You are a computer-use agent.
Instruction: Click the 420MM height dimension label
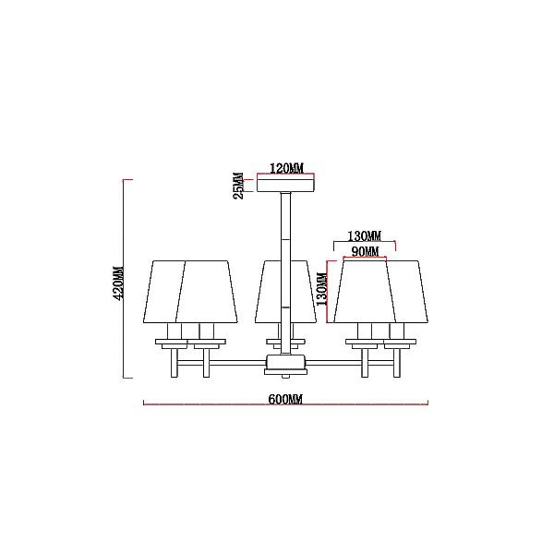coord(118,283)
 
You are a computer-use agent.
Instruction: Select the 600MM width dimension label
coord(285,399)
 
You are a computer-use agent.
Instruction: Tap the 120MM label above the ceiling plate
coord(286,168)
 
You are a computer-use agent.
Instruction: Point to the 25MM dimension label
coord(238,186)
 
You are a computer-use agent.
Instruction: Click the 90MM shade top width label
coord(365,251)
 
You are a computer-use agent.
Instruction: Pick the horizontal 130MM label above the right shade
coord(365,235)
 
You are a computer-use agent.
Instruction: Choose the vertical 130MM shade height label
coord(322,289)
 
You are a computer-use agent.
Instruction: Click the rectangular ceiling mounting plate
coord(285,186)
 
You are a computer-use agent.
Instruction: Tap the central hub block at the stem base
coord(285,362)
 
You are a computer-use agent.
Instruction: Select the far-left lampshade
coord(163,292)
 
